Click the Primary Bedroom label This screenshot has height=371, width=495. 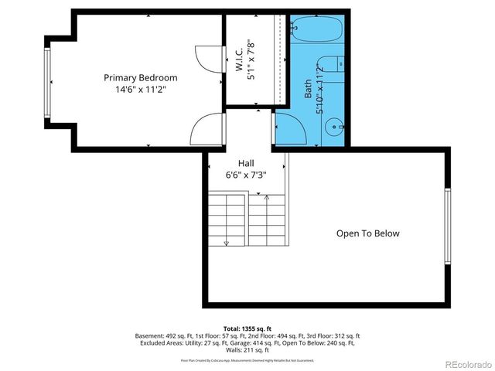141,77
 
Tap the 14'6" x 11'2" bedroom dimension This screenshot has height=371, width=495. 141,90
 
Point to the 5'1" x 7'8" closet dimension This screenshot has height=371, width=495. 251,60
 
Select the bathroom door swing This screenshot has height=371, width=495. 288,128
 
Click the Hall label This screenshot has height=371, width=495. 246,163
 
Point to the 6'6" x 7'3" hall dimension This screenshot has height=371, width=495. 246,175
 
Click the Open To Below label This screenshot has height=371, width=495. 367,233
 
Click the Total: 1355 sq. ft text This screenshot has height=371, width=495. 247,328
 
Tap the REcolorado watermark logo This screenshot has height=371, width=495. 467,364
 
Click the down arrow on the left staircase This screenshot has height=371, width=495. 227,242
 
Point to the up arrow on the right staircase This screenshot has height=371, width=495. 268,199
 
